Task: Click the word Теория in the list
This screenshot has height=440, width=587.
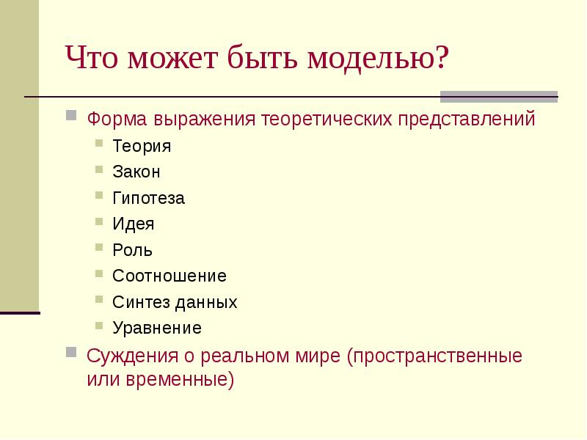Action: (x=142, y=146)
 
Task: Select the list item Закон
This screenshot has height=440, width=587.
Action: (x=136, y=172)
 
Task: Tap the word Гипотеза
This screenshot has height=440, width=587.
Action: (x=149, y=199)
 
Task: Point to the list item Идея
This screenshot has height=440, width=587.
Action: (x=134, y=224)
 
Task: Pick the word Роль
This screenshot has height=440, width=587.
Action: (x=133, y=250)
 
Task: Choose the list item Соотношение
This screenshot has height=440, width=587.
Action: (x=169, y=276)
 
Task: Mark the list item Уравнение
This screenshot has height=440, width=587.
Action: (x=157, y=328)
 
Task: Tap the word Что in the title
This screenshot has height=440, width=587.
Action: (x=92, y=58)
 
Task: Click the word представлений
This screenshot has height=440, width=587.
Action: (x=467, y=119)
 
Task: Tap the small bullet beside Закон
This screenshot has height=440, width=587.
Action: (x=99, y=170)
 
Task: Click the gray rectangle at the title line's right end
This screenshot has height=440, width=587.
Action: (x=499, y=97)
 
